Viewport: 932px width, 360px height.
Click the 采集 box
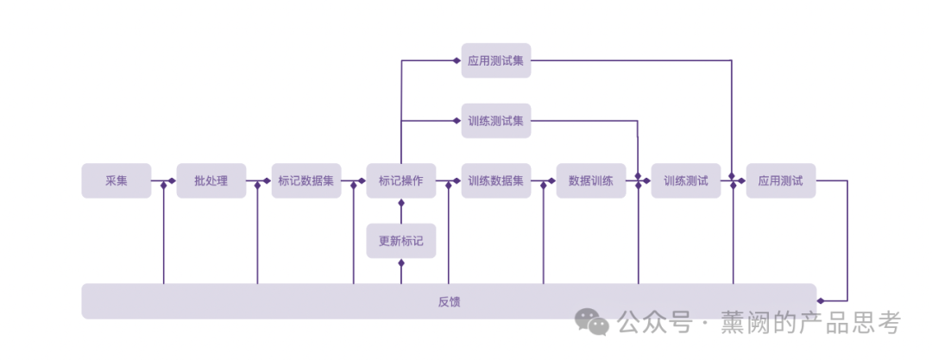click(x=116, y=181)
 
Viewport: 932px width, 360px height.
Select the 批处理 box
click(x=211, y=181)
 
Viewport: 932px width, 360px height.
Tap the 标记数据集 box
click(x=306, y=181)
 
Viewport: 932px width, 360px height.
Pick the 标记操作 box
click(x=401, y=181)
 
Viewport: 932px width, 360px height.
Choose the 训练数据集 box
click(x=496, y=181)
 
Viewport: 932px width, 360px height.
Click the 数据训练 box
click(x=591, y=181)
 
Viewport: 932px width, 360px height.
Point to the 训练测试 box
click(x=686, y=181)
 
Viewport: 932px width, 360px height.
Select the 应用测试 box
click(x=781, y=181)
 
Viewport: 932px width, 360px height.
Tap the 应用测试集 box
click(x=496, y=60)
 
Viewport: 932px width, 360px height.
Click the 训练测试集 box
click(x=496, y=121)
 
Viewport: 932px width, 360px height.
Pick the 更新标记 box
click(x=401, y=241)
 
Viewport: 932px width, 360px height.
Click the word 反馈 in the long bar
click(x=449, y=301)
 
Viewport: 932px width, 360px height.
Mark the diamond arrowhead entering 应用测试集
click(x=457, y=60)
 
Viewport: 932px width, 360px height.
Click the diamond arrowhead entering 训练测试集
click(x=457, y=121)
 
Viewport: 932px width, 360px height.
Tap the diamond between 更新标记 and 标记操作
click(x=401, y=203)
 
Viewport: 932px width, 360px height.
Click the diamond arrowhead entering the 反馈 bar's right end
click(x=821, y=300)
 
